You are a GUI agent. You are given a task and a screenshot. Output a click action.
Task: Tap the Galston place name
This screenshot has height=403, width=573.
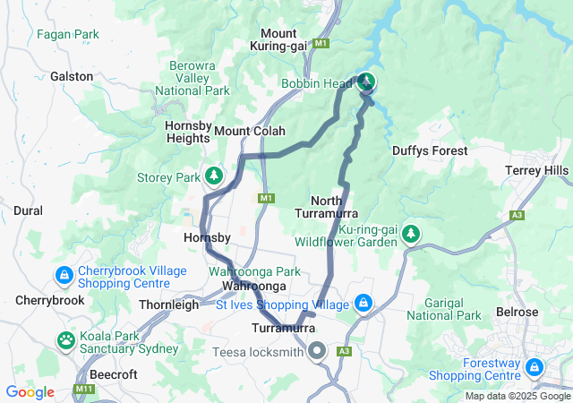pos(72,77)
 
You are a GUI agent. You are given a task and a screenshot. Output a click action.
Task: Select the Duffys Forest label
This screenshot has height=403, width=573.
pos(430,150)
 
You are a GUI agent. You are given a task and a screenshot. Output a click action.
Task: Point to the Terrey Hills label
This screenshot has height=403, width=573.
pos(536,170)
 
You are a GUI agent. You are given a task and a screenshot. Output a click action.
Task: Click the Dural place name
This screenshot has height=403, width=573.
pos(28,210)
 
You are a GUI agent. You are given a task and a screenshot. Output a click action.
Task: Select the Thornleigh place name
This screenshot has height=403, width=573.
pos(169,304)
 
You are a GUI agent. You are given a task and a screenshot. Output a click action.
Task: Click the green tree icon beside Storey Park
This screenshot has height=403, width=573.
pos(214,175)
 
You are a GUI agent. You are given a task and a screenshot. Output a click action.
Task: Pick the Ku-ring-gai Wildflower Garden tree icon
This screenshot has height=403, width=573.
pos(410,234)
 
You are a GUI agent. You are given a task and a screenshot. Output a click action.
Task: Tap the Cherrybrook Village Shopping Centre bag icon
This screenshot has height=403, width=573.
pos(64,274)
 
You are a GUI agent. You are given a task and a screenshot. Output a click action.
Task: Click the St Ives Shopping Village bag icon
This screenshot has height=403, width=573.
pos(363,304)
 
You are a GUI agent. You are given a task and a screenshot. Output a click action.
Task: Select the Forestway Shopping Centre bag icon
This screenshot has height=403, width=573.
pos(535,367)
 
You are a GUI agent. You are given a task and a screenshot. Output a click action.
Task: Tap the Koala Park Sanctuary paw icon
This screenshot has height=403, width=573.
pos(66,339)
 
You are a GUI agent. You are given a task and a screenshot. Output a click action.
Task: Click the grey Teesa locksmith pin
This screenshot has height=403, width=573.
pos(316,351)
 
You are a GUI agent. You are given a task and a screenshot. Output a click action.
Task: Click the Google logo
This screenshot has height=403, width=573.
pos(30,391)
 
